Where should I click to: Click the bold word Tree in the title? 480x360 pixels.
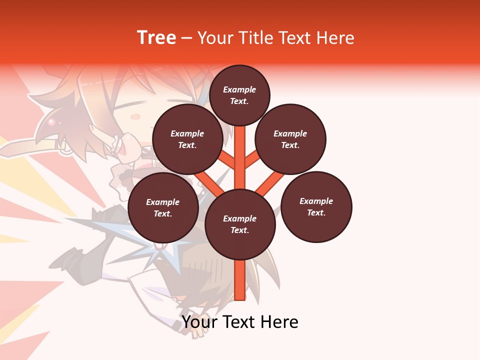(x=156, y=38)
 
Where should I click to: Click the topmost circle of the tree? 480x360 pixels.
(x=239, y=95)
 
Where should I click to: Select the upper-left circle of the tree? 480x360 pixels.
(x=187, y=139)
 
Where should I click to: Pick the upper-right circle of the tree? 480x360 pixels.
(x=290, y=139)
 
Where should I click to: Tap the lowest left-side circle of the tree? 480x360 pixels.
(x=163, y=207)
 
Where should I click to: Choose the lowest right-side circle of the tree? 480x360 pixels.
(x=316, y=206)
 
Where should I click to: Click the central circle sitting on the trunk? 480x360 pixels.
(x=240, y=224)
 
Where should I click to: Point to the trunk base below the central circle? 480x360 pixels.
(x=240, y=280)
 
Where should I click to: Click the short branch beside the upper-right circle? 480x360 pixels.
(x=252, y=160)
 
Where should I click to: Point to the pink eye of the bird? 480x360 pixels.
(x=51, y=121)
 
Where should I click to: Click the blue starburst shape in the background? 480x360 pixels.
(x=150, y=235)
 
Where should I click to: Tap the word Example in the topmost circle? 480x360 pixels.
(x=239, y=89)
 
